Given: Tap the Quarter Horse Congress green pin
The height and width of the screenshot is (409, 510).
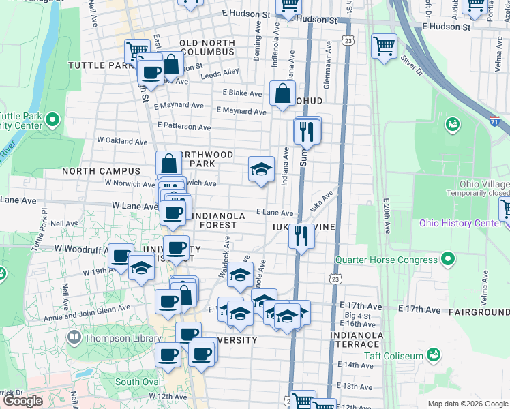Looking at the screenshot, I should (447, 258).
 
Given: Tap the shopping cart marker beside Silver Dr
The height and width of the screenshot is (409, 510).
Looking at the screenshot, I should (385, 48).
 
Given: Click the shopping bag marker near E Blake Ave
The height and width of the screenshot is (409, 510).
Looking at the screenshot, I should (282, 94).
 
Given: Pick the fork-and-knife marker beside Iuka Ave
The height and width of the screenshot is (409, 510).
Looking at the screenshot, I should (301, 237).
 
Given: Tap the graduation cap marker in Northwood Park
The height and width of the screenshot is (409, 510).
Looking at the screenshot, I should (260, 170).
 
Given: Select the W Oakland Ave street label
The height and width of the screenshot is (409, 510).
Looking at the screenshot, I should (122, 142).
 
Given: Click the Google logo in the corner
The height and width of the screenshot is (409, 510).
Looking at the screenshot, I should (22, 401).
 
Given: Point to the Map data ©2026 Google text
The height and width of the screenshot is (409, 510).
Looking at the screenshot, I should (468, 404).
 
